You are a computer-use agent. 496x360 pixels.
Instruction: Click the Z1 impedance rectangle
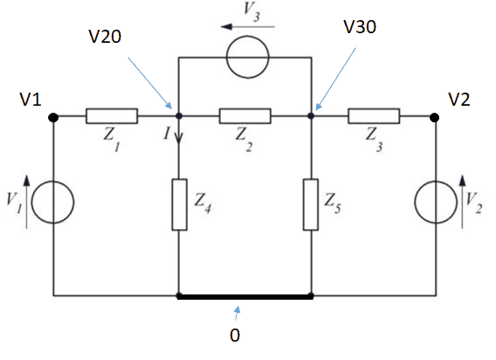coord(112,116)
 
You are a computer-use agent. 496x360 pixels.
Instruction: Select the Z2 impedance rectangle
coord(245,116)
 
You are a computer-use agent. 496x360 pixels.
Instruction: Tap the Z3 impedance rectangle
coord(374,116)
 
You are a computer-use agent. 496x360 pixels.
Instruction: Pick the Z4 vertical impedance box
coord(179,204)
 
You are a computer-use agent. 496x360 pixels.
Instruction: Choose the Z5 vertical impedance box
coord(311,204)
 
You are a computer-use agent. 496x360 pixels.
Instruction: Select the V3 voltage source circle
coord(248,36)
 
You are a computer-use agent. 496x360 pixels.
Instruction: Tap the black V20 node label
coord(105,37)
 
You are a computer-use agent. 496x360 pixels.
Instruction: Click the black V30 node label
coord(360,27)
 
